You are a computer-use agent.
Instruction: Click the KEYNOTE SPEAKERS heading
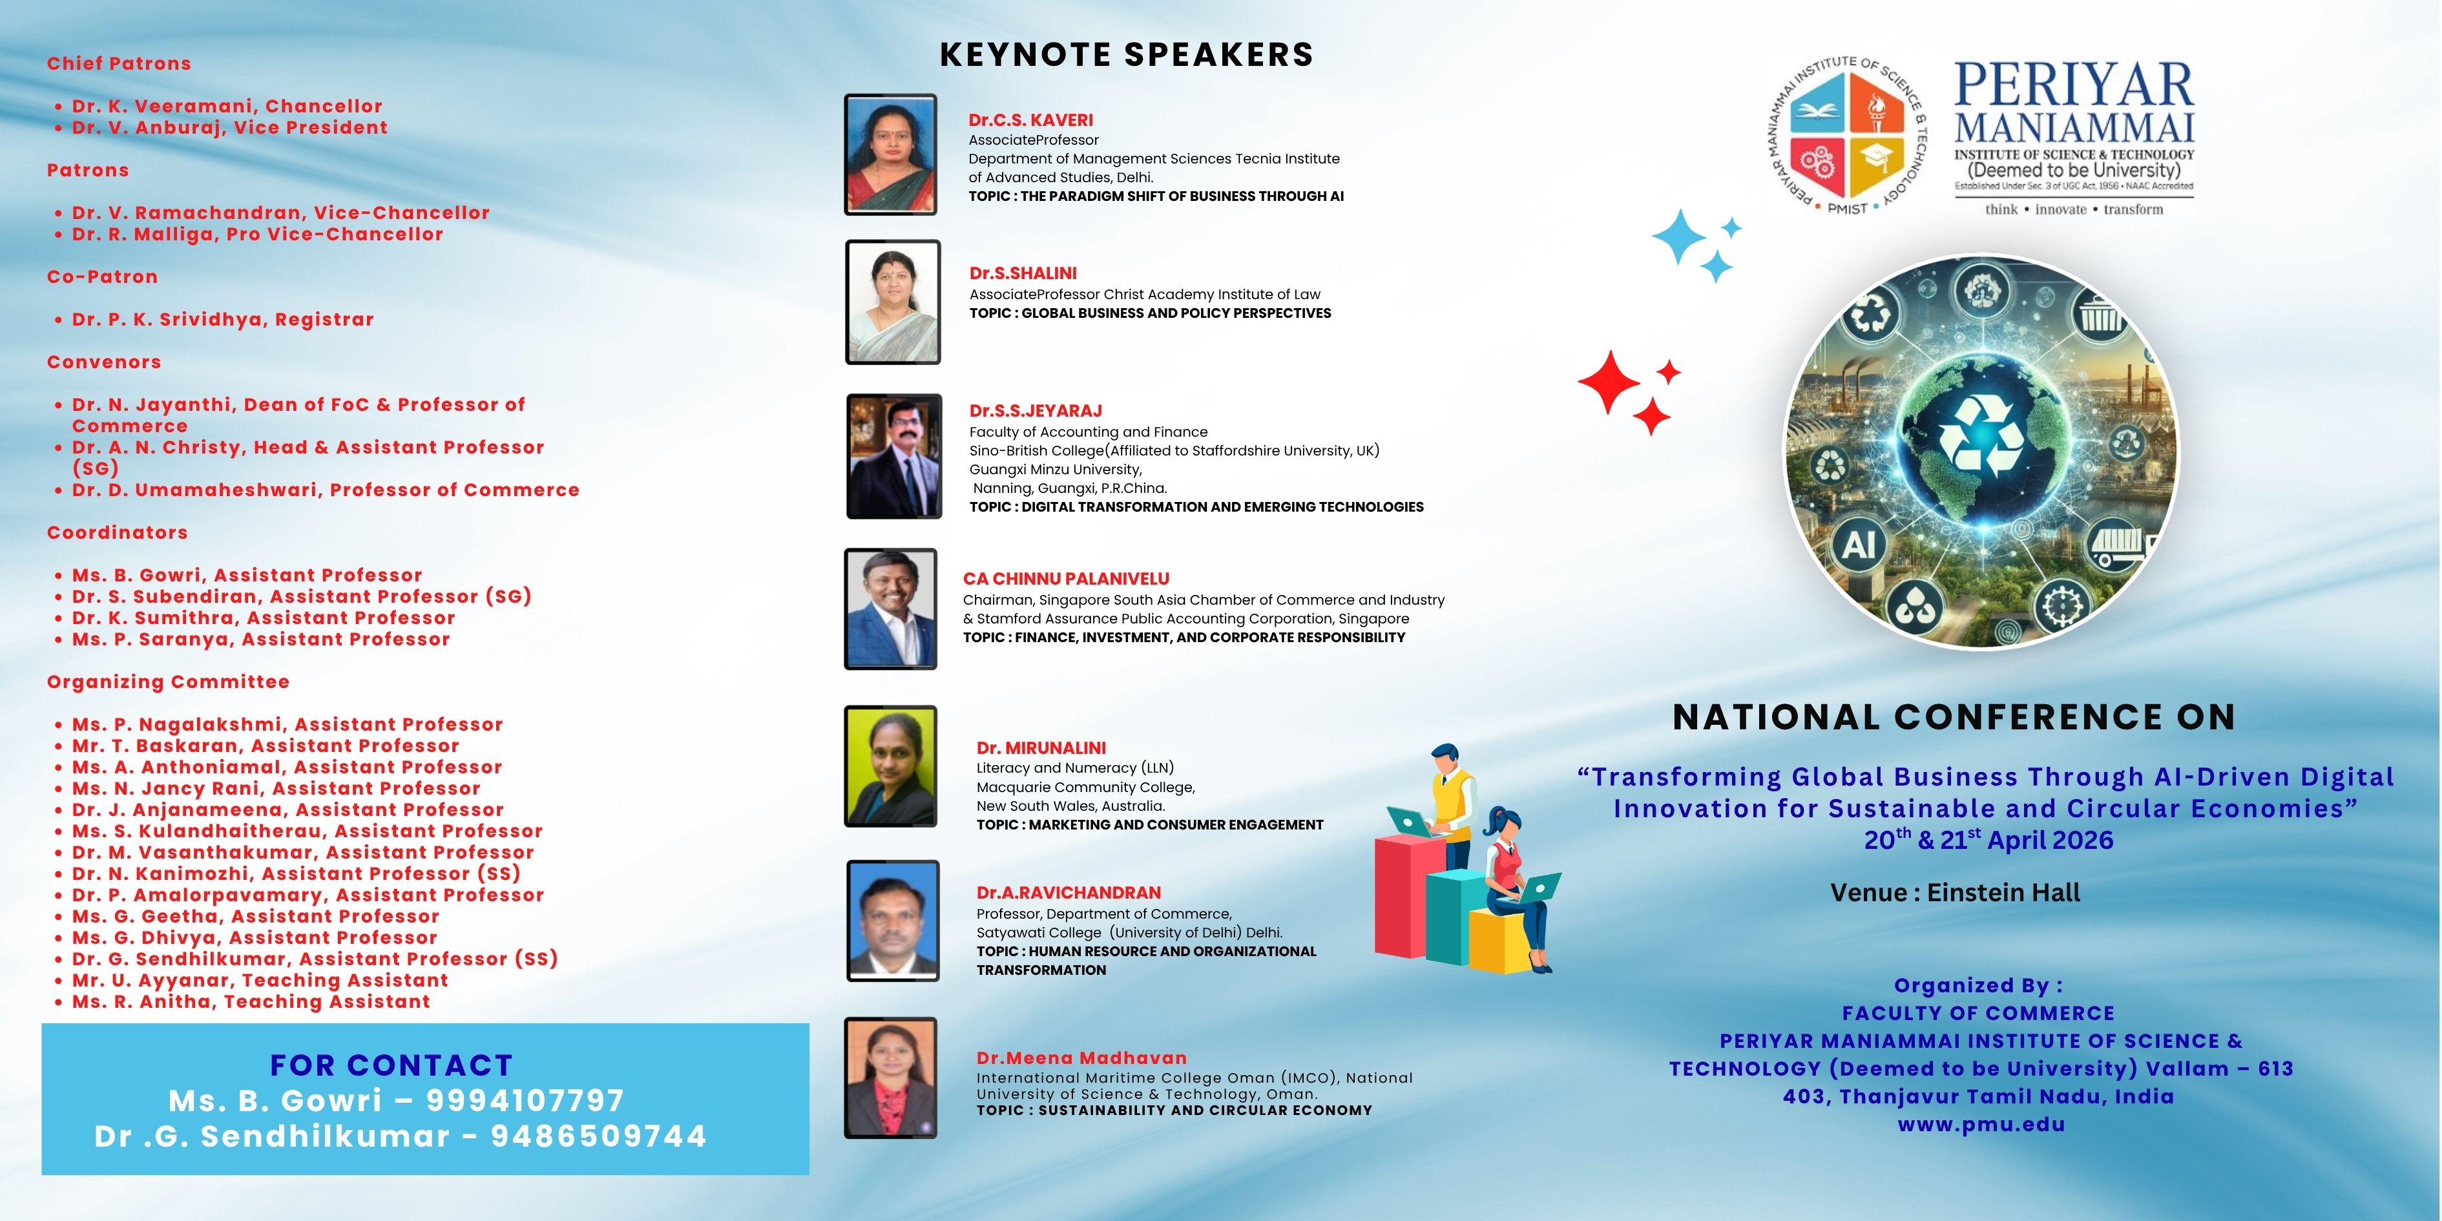click(x=1126, y=55)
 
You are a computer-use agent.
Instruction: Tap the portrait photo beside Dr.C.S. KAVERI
click(x=890, y=154)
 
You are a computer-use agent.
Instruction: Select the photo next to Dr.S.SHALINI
click(x=893, y=302)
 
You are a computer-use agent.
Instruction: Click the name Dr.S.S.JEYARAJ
click(x=1035, y=410)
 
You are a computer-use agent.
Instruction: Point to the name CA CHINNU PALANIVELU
click(x=1065, y=578)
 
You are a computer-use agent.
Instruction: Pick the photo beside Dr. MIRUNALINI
click(x=890, y=766)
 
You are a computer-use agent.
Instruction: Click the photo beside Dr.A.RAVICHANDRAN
click(x=893, y=921)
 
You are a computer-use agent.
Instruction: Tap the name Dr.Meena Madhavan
click(x=1081, y=1058)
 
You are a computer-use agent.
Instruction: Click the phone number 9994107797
click(x=525, y=1101)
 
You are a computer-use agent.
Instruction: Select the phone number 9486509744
click(x=598, y=1136)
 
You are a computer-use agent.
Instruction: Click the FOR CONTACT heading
click(x=391, y=1065)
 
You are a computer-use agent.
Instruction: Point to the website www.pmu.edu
click(x=1981, y=1125)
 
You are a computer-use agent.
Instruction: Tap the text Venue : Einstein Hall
click(x=1955, y=893)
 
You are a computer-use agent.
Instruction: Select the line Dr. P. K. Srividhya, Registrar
click(x=223, y=320)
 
